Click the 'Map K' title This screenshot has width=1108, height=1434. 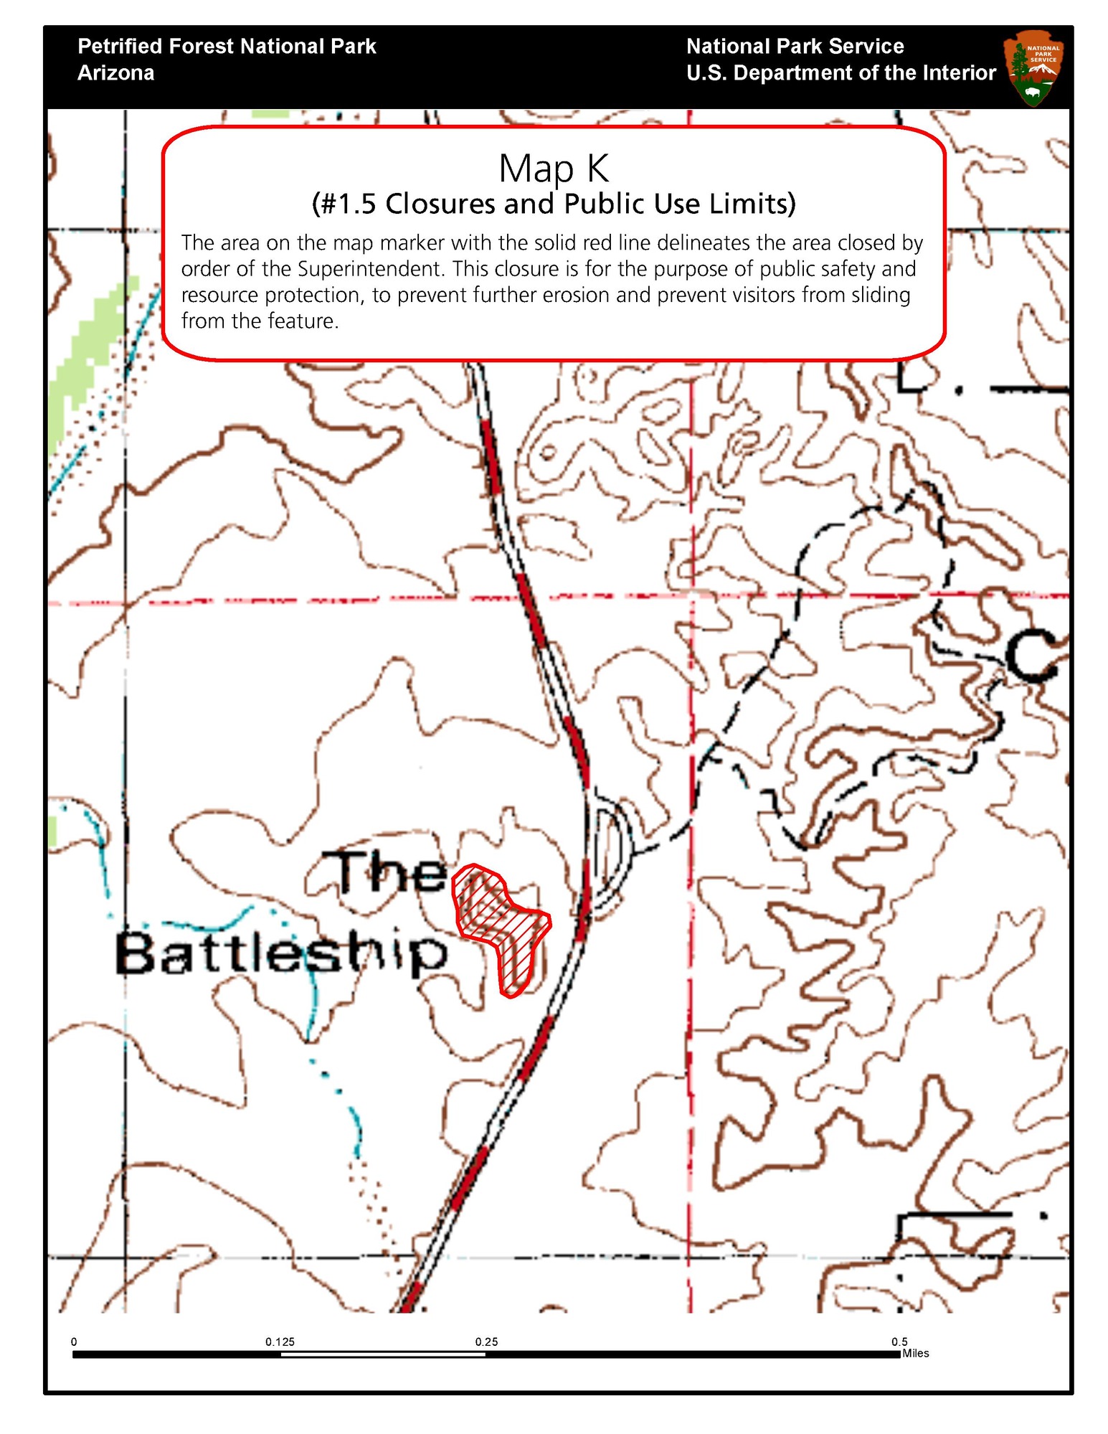click(554, 169)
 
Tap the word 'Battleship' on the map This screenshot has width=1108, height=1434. click(281, 954)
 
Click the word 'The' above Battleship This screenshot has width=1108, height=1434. click(392, 872)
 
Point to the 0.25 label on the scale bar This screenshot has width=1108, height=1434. click(486, 1341)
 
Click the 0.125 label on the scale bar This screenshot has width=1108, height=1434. click(280, 1341)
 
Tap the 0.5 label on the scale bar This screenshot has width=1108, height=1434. click(899, 1341)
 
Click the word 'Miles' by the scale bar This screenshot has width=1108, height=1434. click(916, 1354)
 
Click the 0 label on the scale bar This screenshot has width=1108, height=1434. click(74, 1341)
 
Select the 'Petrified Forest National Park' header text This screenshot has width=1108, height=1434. click(227, 47)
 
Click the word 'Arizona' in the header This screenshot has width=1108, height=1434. click(115, 73)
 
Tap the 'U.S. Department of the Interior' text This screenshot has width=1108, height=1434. click(841, 73)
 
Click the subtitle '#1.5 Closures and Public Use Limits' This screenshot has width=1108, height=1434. click(554, 204)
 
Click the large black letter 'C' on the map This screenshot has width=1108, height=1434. click(1031, 656)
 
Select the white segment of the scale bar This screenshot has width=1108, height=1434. click(383, 1354)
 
